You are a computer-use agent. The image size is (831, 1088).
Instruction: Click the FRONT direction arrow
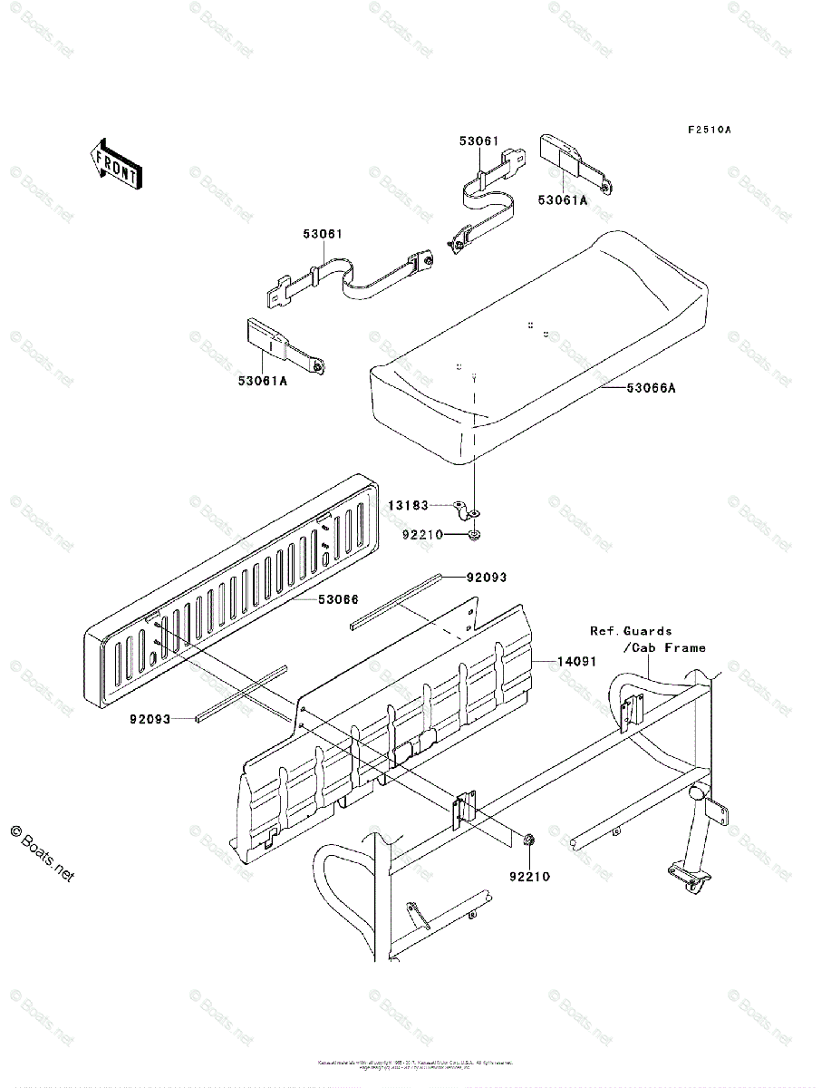[x=113, y=163]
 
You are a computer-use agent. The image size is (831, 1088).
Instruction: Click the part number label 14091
[x=575, y=662]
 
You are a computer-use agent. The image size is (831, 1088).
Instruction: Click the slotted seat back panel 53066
[x=236, y=589]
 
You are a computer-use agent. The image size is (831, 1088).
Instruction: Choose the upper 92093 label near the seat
[x=487, y=577]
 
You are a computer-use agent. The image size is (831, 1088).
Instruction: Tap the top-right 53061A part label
[x=562, y=200]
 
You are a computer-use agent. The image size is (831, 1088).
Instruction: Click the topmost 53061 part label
[x=478, y=141]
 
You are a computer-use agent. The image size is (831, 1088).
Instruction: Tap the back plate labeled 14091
[x=390, y=725]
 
